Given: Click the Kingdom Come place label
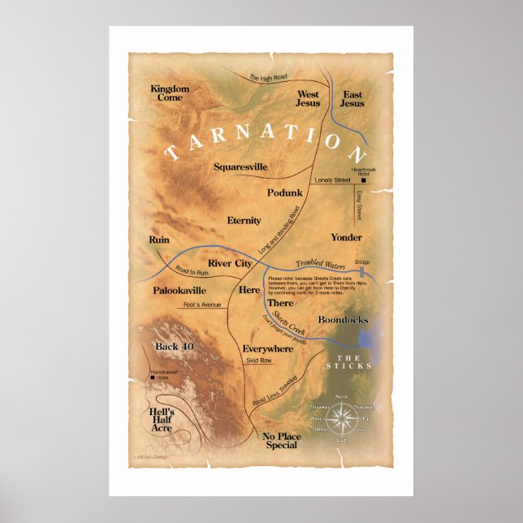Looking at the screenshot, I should click(170, 93).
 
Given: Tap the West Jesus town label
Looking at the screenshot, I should click(308, 99).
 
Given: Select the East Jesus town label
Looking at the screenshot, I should click(352, 99).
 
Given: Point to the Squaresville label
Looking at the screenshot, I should click(240, 166).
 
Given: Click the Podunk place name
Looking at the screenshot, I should click(284, 192).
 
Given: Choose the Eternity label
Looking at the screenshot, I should click(244, 220).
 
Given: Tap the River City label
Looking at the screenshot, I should click(230, 263).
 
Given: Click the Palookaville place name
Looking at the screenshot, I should click(179, 290).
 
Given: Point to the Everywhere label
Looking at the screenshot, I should click(268, 348).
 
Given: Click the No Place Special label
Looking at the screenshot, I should click(282, 441).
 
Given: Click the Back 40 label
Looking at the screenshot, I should click(175, 347).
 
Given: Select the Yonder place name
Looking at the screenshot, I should click(346, 237).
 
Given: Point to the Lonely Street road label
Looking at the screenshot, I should click(331, 179).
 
